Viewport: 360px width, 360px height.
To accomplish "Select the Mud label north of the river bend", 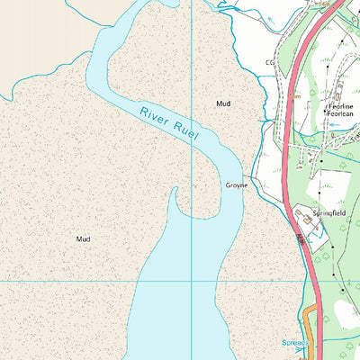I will pos(223,104).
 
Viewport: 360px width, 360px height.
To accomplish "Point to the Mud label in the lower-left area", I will pos(84,239).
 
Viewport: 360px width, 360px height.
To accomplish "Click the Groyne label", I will pos(237,185).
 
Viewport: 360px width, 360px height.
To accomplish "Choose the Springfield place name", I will pos(328,213).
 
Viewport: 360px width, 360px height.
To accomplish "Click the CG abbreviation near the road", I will pos(269,63).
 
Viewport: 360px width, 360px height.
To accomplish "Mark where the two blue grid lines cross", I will pos(193,281).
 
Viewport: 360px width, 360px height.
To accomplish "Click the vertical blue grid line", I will pos(193,54).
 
